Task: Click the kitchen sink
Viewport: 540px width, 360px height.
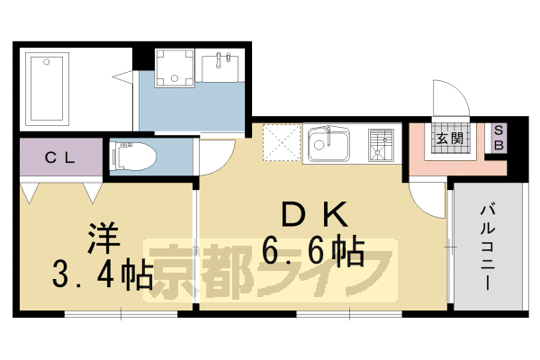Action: click(x=328, y=143)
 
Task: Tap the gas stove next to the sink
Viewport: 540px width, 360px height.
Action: click(x=381, y=144)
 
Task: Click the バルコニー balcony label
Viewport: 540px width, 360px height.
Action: click(x=487, y=243)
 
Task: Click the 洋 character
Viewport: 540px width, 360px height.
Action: click(x=100, y=237)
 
